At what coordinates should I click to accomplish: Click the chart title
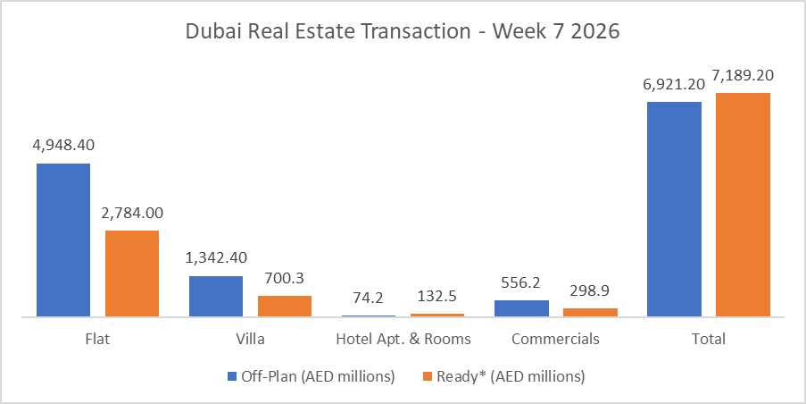click(402, 30)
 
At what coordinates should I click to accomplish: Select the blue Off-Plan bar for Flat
click(63, 240)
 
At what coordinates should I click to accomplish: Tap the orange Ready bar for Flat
click(132, 274)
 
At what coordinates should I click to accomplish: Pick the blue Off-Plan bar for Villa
click(216, 296)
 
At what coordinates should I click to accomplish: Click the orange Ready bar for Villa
click(285, 306)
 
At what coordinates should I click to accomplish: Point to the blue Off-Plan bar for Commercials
click(521, 307)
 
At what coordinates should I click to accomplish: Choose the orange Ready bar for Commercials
click(590, 312)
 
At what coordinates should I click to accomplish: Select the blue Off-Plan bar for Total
click(674, 209)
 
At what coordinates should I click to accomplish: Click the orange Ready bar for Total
click(743, 205)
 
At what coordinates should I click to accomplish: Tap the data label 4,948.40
click(63, 146)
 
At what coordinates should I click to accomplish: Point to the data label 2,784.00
click(132, 213)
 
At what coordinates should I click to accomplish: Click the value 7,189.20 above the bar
click(743, 75)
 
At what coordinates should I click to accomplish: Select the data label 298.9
click(590, 290)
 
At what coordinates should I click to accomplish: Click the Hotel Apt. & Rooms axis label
click(403, 340)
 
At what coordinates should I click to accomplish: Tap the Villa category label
click(250, 340)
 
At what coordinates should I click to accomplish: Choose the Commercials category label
click(555, 340)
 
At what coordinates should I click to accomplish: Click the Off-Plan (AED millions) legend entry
click(312, 376)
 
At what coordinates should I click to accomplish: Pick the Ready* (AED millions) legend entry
click(503, 376)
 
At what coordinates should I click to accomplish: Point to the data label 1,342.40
click(216, 258)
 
